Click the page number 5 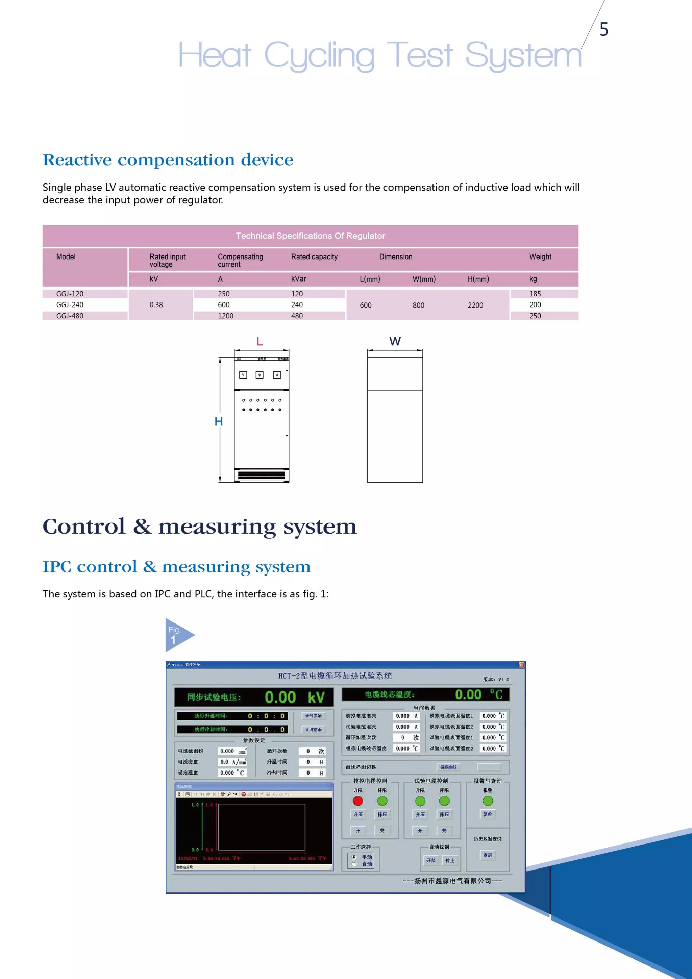tap(603, 29)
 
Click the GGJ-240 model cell tap(70, 305)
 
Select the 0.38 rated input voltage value tap(156, 305)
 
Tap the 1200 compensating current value tap(226, 316)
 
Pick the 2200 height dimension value tap(475, 305)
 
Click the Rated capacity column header tap(314, 257)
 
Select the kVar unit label tap(298, 279)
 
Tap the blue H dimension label tap(219, 422)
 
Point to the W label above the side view tap(395, 341)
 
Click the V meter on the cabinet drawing tap(243, 375)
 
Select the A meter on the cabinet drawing tap(277, 375)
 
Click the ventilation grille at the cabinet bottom tap(262, 475)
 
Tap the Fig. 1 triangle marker tap(177, 635)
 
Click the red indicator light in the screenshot tap(358, 801)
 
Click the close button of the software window tap(521, 665)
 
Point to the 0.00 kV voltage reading tap(294, 697)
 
